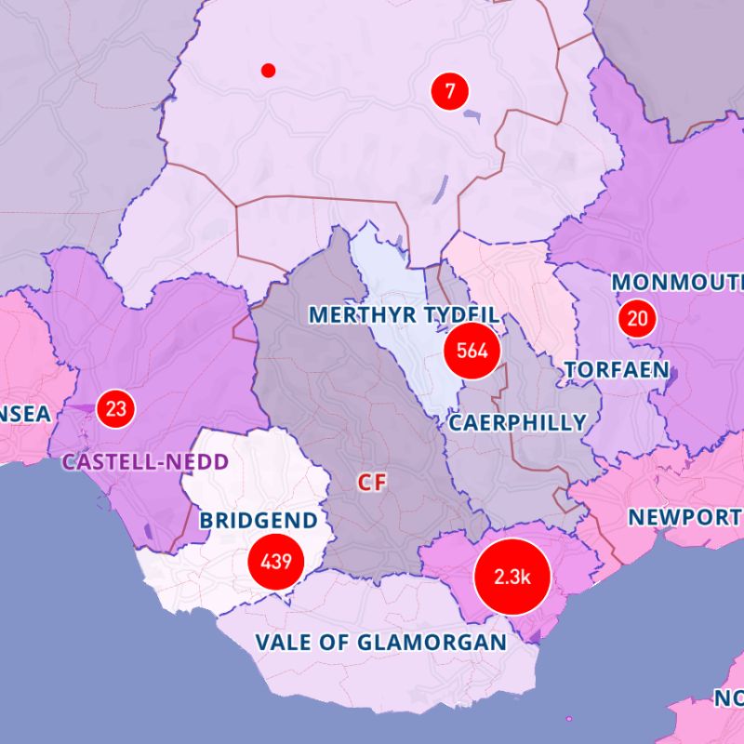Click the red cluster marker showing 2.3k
pos(511,577)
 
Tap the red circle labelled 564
pos(472,351)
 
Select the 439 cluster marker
pos(276,562)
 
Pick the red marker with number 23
pos(115,408)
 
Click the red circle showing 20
pos(637,319)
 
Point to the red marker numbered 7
pos(450,91)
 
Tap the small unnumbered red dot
pos(269,70)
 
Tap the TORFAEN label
pos(616,370)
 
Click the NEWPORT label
pos(684,517)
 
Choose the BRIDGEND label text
pos(259,520)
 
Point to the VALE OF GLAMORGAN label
pos(381,642)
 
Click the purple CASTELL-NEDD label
pos(145,461)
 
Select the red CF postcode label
pos(373,482)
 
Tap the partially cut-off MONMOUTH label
pos(678,282)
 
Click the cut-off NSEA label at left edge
pos(25,415)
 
